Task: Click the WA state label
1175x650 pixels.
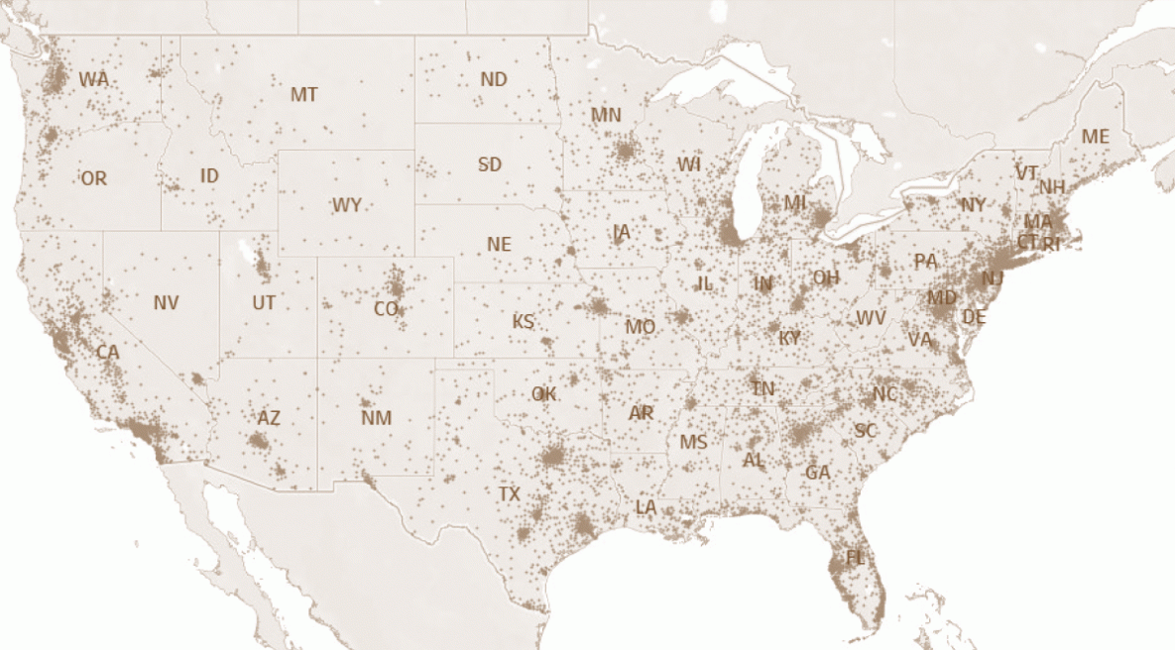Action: pos(94,78)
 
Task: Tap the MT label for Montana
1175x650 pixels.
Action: pos(303,95)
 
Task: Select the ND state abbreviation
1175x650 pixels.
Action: pos(493,79)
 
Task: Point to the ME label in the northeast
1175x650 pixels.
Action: pos(1096,137)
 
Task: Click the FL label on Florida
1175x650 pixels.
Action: pos(855,558)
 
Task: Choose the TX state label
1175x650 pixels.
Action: pos(509,493)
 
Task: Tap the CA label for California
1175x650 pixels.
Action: pos(107,352)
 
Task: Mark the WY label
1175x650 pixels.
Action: pos(346,206)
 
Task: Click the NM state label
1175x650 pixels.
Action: pos(376,418)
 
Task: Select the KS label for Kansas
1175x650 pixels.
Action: pos(523,322)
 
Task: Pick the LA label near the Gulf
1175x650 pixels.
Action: pos(646,507)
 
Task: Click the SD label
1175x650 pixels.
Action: pos(490,164)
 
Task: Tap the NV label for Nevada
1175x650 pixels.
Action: pos(166,303)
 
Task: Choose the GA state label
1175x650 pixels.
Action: pos(817,473)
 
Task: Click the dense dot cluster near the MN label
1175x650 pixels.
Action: pos(626,152)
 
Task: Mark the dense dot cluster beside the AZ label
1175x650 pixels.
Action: pos(261,439)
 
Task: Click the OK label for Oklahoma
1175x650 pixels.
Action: pos(543,394)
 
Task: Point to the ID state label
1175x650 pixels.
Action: pos(209,175)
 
